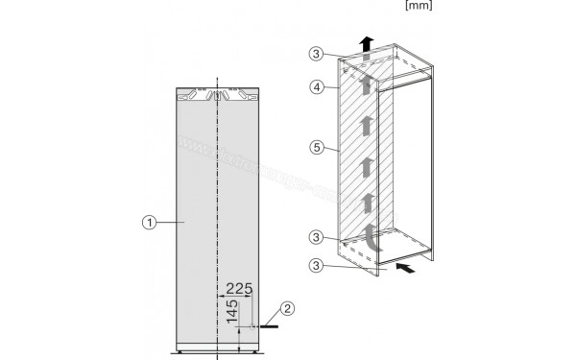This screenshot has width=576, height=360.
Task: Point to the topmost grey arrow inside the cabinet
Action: [366, 79]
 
